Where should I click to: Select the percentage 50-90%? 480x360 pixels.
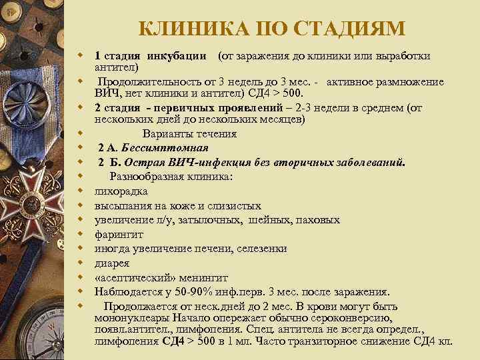tap(193, 291)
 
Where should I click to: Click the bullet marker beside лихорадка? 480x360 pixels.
tap(79, 191)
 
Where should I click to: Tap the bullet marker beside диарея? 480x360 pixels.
tap(79, 262)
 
